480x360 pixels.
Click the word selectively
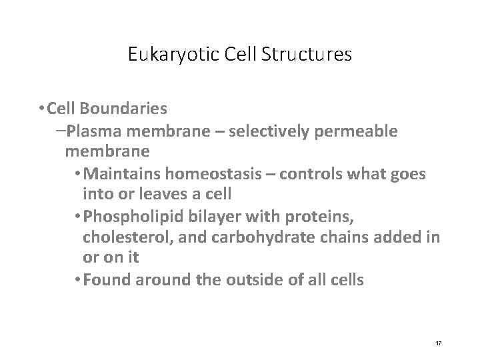coord(265,131)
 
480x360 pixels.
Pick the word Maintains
coord(123,175)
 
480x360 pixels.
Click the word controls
coord(316,175)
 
